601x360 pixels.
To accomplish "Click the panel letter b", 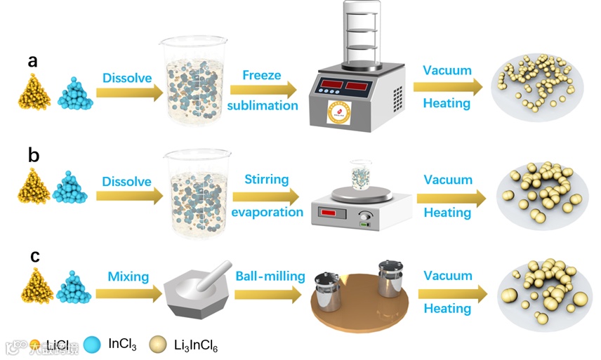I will click(33, 154).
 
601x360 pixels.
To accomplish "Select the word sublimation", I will click(263, 106).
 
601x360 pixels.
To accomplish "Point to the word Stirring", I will click(266, 180).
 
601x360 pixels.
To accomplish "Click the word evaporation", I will click(267, 212).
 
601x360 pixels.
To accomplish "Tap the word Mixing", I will click(128, 276).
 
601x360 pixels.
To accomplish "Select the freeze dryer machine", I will click(357, 77).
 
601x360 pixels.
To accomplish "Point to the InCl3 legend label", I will click(122, 343).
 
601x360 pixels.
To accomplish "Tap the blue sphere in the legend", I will click(93, 344).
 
